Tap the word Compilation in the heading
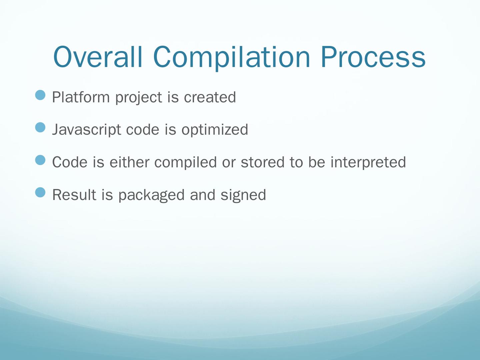coord(231,58)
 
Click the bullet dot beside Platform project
coord(40,95)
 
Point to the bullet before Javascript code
coord(40,127)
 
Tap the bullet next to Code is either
coord(40,160)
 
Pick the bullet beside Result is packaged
coord(40,192)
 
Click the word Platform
coord(81,97)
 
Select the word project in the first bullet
coord(139,98)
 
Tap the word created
coord(210,97)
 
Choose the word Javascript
coord(87,130)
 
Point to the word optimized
coord(215,130)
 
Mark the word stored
coord(262,162)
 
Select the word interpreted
coord(368,162)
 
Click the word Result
coord(74,195)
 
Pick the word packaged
coord(152,195)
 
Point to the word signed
coord(243,195)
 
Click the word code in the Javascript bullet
coord(143,130)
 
